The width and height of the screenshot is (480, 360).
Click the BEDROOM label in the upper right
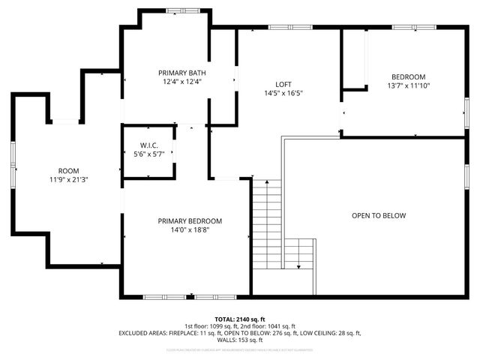409,76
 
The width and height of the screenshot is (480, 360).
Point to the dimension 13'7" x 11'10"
409,85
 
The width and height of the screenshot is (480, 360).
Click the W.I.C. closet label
148,145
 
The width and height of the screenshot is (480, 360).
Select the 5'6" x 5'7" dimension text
148,154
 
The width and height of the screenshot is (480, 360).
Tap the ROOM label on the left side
68,171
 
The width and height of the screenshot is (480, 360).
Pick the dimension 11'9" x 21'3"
68,180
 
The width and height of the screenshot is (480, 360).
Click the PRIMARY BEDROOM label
190,221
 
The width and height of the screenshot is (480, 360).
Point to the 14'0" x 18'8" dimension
190,230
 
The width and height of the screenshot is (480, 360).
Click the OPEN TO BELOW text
379,215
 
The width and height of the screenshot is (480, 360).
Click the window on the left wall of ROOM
13,166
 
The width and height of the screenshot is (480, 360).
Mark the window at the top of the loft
290,28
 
